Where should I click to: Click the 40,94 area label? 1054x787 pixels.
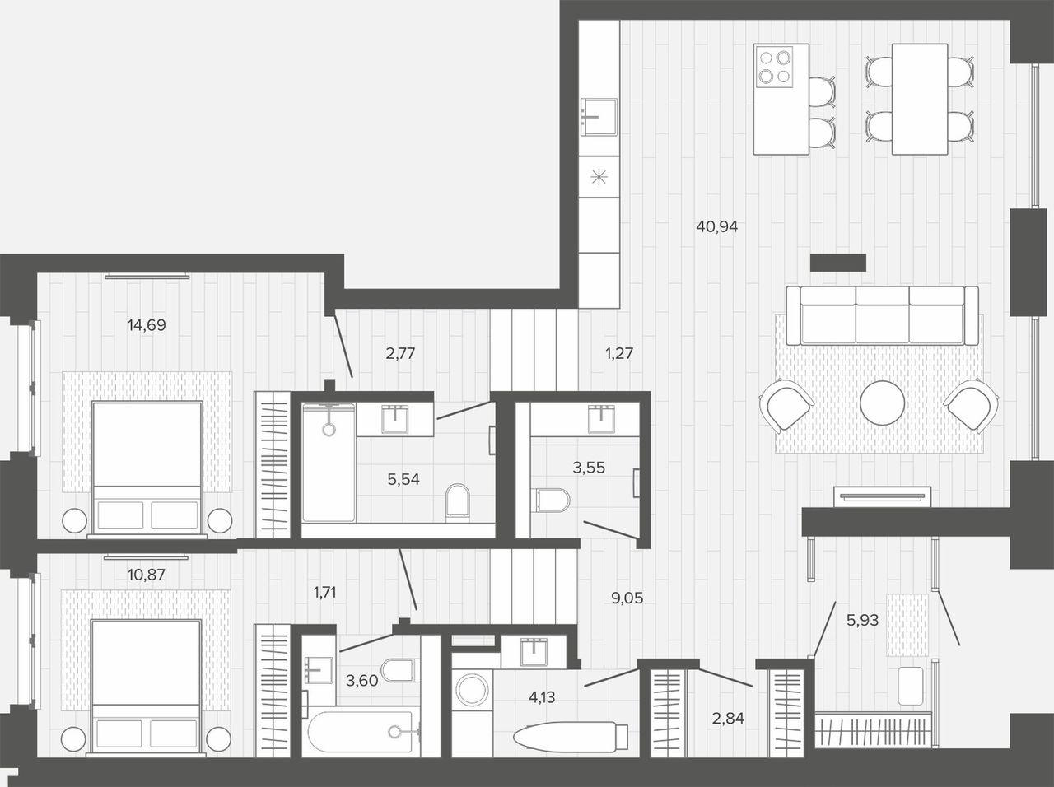pos(716,226)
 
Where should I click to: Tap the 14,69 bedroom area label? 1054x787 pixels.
pos(147,325)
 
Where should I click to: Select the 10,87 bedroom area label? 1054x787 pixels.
pos(147,575)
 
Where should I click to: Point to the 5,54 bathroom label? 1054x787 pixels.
pos(403,479)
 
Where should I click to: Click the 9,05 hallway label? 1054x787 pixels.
pos(627,598)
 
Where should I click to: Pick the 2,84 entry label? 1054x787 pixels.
pos(728,719)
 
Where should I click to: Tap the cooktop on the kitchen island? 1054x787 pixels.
pos(774,67)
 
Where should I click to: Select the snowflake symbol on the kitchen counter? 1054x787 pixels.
pos(599,178)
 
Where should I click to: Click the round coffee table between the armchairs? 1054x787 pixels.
pos(882,403)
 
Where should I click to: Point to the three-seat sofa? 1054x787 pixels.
pos(882,315)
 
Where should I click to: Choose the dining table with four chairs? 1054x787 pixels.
pos(920,100)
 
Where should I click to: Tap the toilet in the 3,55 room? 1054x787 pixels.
pos(550,500)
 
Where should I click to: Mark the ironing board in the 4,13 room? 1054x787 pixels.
pos(571,736)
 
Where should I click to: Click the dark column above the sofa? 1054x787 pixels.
pos(838,263)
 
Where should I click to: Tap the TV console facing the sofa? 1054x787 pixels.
pos(882,496)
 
